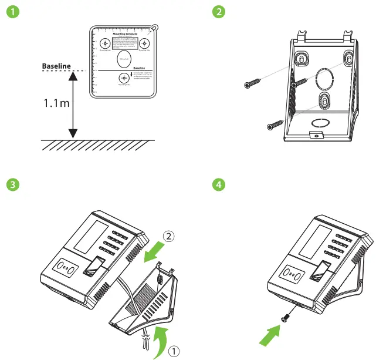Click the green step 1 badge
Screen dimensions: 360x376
pos(9,12)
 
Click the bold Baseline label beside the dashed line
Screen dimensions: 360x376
pos(56,66)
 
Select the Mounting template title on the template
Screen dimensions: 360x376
pos(123,35)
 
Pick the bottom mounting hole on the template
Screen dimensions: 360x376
pos(123,78)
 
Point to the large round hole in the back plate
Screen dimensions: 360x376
pos(324,78)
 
